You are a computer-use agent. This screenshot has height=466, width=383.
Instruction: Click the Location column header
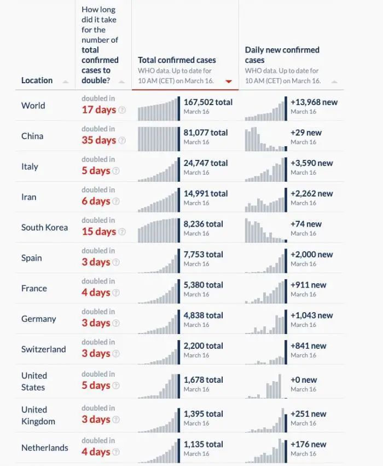click(x=37, y=80)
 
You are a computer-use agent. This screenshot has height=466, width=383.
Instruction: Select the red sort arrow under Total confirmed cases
click(x=229, y=82)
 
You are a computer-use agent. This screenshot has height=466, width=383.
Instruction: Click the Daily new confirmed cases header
click(x=282, y=55)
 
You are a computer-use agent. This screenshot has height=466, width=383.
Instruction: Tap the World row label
click(x=33, y=106)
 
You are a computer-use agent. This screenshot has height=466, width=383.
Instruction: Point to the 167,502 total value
click(x=208, y=102)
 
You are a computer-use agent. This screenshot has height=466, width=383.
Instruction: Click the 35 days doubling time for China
click(x=98, y=140)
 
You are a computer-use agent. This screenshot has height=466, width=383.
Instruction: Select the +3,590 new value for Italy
click(x=312, y=163)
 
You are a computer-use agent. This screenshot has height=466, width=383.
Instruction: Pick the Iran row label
click(x=29, y=197)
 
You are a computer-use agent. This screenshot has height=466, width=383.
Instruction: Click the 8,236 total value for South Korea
click(x=204, y=224)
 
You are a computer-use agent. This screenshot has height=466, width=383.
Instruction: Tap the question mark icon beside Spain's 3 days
click(x=115, y=262)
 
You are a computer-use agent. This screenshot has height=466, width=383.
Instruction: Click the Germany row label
click(x=38, y=319)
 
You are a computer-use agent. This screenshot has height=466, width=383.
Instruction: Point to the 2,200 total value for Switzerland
click(x=204, y=346)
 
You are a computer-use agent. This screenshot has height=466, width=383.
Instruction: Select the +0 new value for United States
click(x=304, y=380)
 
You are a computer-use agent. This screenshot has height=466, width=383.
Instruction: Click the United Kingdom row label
click(x=38, y=416)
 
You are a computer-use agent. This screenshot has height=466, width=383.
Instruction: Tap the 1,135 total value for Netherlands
click(x=203, y=444)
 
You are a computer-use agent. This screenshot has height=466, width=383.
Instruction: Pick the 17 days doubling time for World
click(x=98, y=110)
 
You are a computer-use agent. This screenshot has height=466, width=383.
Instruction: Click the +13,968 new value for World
click(x=314, y=102)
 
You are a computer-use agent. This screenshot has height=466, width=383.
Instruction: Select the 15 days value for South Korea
click(x=98, y=232)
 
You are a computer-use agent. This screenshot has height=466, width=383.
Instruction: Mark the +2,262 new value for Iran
click(x=312, y=193)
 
